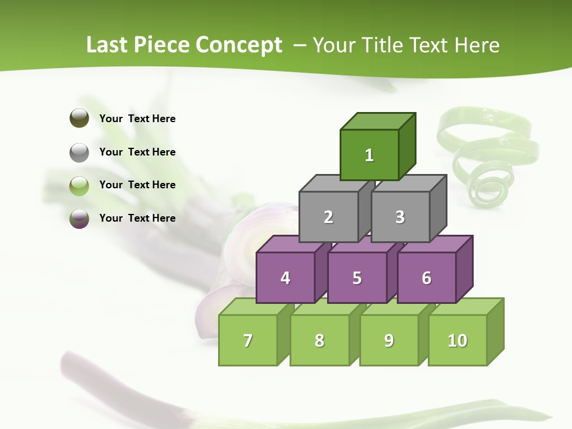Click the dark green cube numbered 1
point(369,155)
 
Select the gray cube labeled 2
point(328,217)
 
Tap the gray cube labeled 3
point(400,217)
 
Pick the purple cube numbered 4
point(285,278)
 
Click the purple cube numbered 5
point(357,278)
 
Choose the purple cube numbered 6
point(427,278)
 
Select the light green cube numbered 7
point(248,340)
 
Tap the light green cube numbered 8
point(319,340)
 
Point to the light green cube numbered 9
point(389,340)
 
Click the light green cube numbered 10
point(458,340)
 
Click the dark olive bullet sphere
point(79,118)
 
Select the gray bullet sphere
point(79,153)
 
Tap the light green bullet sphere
point(79,186)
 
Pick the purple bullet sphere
point(79,219)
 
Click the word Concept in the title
point(239,45)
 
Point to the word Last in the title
point(108,45)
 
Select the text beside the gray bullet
point(138,152)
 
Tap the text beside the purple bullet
point(138,218)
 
